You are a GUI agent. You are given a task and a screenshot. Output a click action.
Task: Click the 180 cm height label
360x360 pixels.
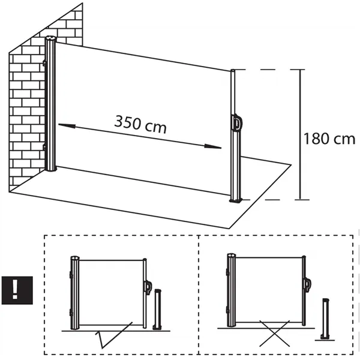pos(330,140)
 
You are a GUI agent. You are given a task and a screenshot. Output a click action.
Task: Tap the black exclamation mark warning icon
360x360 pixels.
pos(14,289)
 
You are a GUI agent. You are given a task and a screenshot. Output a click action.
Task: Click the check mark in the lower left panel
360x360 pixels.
pos(114,336)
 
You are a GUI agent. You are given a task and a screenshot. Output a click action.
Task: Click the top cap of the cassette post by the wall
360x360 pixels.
pos(51,40)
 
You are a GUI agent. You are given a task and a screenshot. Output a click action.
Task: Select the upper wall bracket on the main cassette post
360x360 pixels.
pos(44,62)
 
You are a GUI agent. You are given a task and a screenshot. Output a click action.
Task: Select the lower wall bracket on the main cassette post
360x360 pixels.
pos(44,146)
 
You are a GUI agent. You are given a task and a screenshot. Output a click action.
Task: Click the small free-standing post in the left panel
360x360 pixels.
pos(158,309)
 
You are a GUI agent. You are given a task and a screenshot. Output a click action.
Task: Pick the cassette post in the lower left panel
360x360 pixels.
pos(75,293)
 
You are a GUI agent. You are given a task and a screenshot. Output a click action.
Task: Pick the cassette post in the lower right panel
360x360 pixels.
pos(230,291)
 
